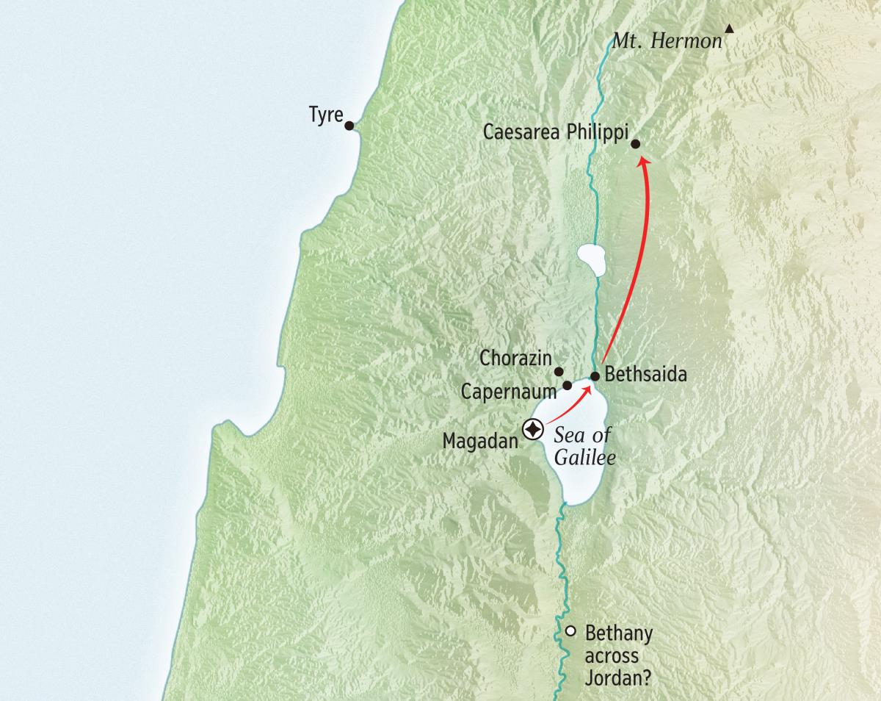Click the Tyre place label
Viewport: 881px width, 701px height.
point(326,117)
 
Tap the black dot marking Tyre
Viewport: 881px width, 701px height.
point(349,126)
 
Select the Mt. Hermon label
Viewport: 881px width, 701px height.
point(667,41)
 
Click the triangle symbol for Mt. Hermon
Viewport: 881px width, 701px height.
point(729,29)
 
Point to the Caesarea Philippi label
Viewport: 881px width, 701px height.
point(556,132)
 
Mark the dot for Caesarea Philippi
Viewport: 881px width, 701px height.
point(635,144)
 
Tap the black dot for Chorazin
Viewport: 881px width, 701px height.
point(559,372)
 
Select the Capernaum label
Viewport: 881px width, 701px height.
point(508,392)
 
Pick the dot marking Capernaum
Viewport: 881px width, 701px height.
point(567,385)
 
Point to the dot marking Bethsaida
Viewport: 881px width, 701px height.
point(595,376)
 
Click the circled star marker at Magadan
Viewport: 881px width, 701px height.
point(532,428)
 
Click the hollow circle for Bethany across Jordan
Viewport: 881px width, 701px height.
point(570,630)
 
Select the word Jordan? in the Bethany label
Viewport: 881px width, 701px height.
point(617,677)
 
